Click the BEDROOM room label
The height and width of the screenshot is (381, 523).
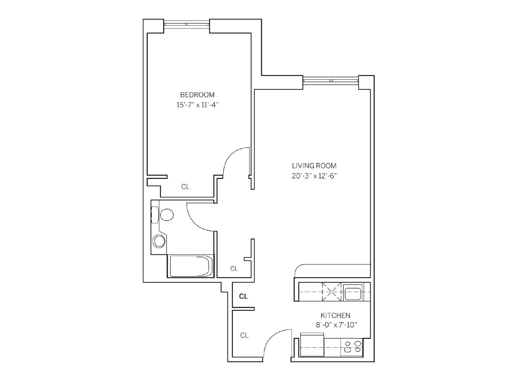pos(197,95)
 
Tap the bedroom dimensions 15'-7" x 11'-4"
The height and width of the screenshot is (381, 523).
pos(197,105)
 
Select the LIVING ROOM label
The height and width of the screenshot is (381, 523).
pos(314,166)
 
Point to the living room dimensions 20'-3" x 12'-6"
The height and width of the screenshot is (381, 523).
pos(314,176)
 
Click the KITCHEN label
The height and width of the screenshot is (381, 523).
pos(335,316)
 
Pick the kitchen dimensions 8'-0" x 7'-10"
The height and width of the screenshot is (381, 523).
pos(337,325)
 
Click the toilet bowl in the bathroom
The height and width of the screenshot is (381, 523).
pos(167,215)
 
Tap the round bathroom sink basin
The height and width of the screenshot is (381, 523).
pos(159,241)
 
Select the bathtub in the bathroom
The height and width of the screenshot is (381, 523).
pos(190,266)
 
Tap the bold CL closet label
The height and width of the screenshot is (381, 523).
pos(243,296)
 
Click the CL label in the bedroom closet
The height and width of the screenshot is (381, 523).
pos(186,187)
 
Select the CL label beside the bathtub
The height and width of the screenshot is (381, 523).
pos(234,269)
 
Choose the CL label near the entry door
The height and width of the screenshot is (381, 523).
pos(244,336)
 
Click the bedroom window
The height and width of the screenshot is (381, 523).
pos(186,24)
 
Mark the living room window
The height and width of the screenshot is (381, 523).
pos(331,80)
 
